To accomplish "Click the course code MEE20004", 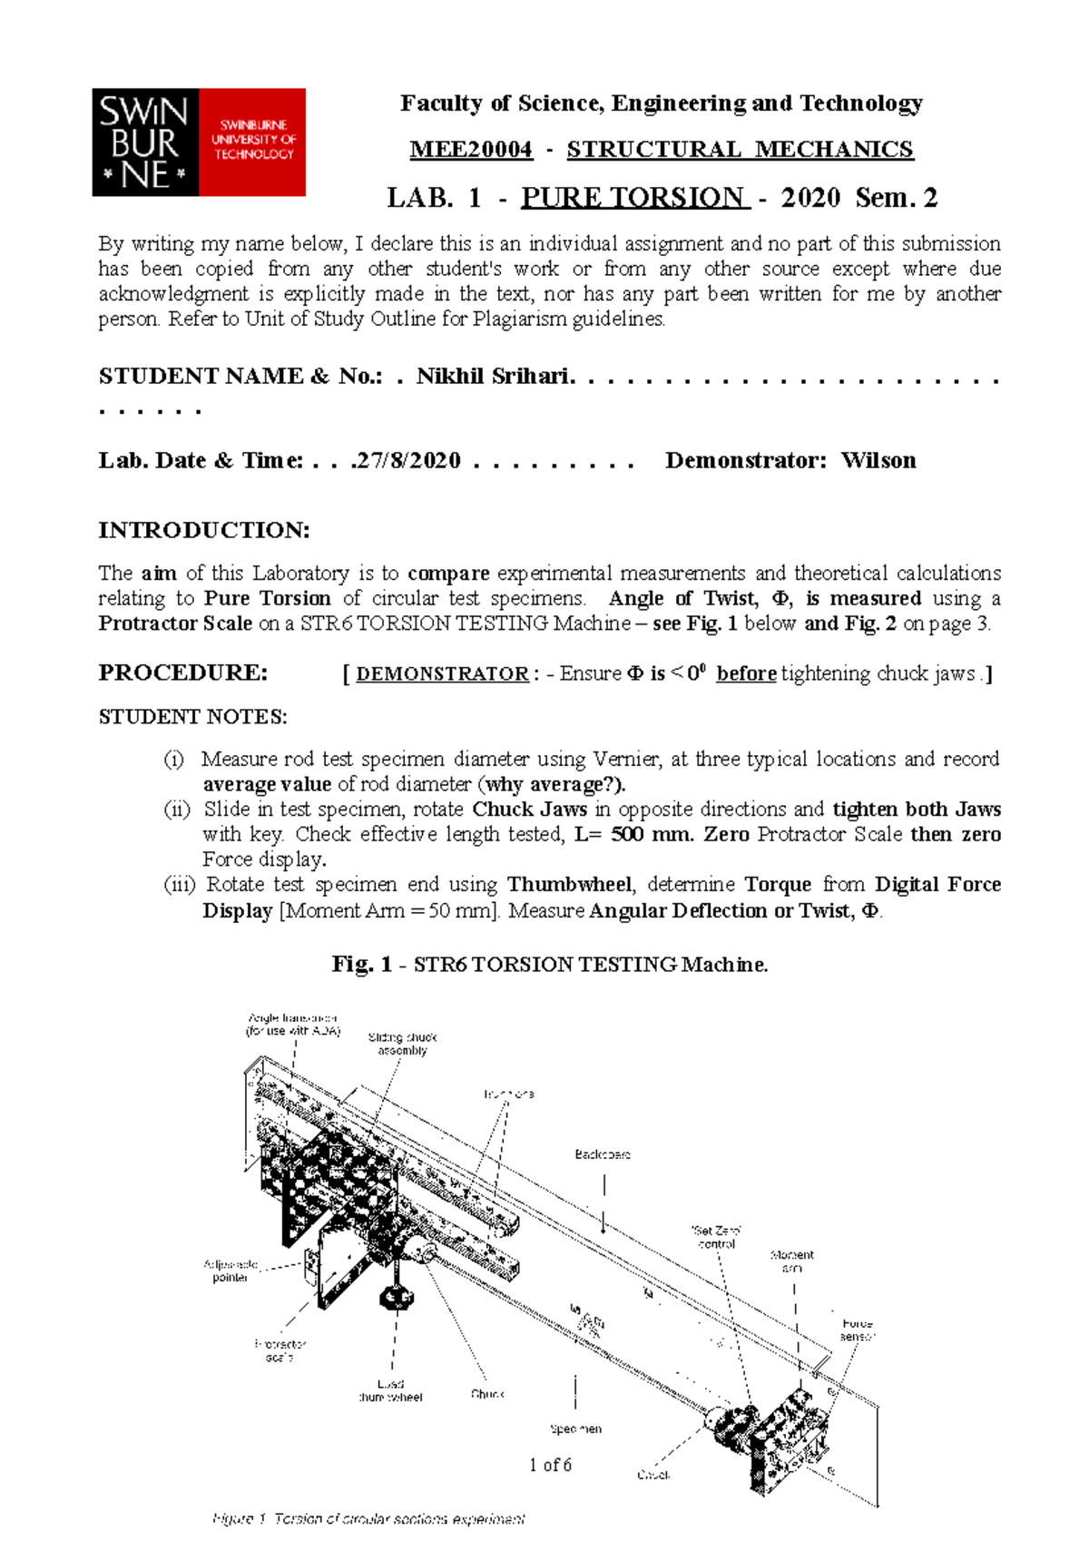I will tap(471, 150).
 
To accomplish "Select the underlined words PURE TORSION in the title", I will tap(634, 197).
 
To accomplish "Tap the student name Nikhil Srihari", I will tap(494, 377).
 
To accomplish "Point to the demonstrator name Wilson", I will tap(878, 461).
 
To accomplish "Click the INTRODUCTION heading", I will tap(203, 530).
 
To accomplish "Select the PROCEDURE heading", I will tap(182, 672).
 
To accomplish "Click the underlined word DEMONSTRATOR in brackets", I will tap(442, 674).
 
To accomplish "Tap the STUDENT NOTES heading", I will tap(192, 717).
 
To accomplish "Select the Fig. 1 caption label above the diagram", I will tap(360, 964).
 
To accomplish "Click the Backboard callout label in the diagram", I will tap(602, 1154).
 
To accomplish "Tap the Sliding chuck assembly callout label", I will tap(402, 1044).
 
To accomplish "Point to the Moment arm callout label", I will tap(792, 1261).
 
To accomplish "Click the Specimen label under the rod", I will tap(575, 1428).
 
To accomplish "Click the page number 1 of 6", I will tap(550, 1465).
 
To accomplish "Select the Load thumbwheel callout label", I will tap(390, 1390).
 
